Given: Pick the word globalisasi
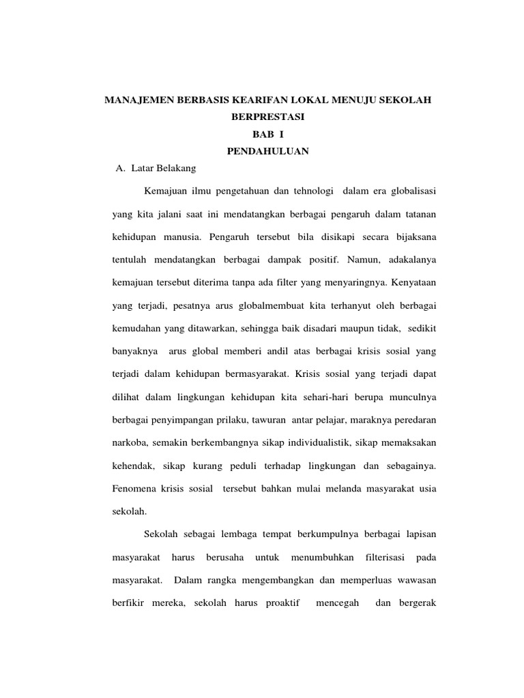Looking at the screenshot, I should point(409,192).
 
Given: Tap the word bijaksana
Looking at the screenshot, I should point(413,238).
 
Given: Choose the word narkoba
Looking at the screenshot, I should point(130,442).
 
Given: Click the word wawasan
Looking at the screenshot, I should point(412,581).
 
